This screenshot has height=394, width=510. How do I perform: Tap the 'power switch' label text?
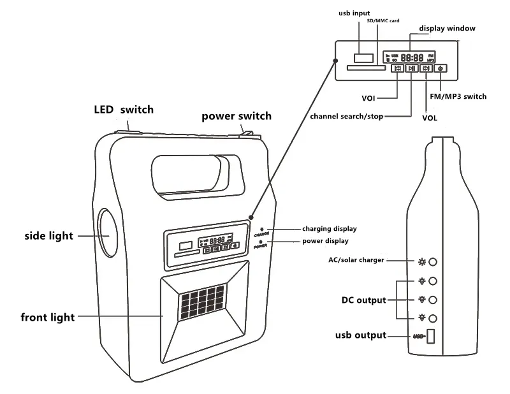click(237, 116)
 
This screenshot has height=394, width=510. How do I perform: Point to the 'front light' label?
click(48, 317)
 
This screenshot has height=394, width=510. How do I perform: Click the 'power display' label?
click(324, 241)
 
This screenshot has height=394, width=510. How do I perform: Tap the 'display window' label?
click(447, 28)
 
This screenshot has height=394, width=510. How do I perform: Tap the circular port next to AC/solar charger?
click(433, 262)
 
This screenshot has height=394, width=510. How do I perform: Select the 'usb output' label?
click(361, 335)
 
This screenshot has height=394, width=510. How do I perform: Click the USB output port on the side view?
click(430, 336)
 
